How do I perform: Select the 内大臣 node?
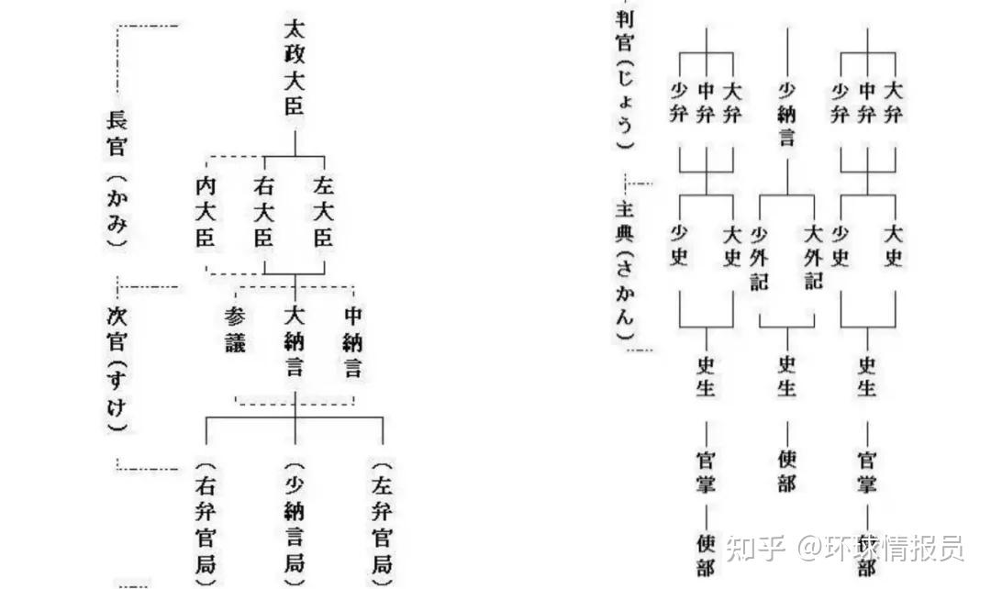(206, 213)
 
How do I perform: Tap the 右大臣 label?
(264, 213)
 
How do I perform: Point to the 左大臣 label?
(323, 213)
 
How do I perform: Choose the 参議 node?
(236, 330)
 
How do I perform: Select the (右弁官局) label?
(206, 521)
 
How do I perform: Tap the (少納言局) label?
(294, 521)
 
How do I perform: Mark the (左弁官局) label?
(382, 521)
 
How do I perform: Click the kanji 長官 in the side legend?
(117, 132)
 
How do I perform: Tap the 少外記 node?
(759, 258)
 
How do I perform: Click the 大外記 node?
(813, 258)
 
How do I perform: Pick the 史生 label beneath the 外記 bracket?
(786, 374)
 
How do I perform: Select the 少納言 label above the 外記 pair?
(786, 114)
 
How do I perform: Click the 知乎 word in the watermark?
(755, 550)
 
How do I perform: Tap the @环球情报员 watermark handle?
(881, 550)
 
